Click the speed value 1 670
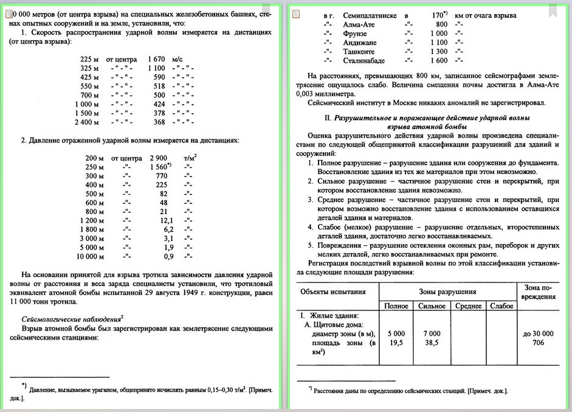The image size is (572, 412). tap(157, 60)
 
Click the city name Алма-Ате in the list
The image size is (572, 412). tap(360, 24)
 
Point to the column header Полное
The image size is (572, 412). tap(396, 306)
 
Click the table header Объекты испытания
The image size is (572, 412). tap(333, 291)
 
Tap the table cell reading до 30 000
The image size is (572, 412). tap(538, 333)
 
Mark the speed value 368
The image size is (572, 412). tap(159, 122)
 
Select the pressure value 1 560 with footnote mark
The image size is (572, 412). tap(160, 166)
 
